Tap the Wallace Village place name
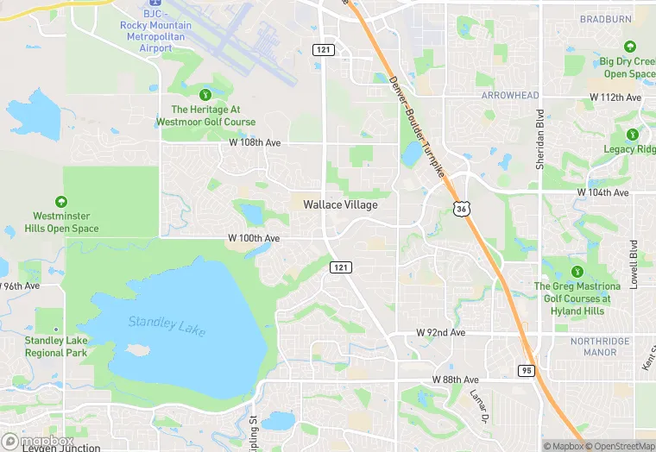pos(340,204)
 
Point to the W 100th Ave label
pos(254,237)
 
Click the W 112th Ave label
pos(615,97)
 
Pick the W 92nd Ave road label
pos(440,332)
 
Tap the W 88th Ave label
pos(456,380)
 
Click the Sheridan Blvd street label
pos(540,139)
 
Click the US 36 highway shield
pos(463,208)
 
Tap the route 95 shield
pos(527,370)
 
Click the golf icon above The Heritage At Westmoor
pos(205,94)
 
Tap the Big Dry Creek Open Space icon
pos(630,47)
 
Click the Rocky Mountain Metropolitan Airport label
pos(155,37)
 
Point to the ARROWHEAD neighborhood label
pos(509,95)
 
